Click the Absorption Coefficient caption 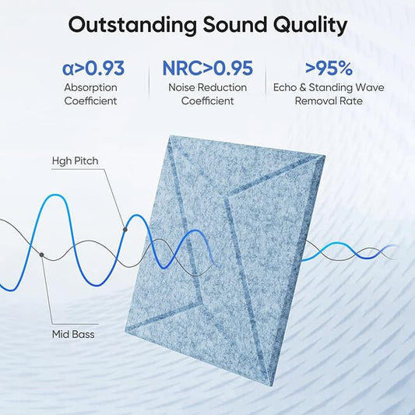pos(91,93)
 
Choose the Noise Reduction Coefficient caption pos(207,93)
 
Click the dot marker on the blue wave pos(125,229)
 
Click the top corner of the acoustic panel pos(169,136)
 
